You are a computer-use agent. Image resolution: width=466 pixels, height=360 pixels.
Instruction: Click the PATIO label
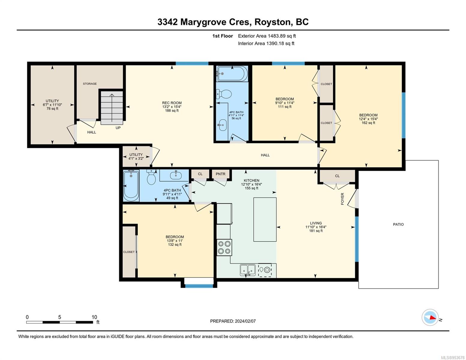(398, 224)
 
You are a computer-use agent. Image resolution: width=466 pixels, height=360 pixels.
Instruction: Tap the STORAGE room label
(90, 84)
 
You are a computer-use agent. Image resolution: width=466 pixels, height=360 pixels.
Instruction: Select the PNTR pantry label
(220, 174)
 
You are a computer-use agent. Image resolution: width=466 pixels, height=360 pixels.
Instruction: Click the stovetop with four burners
(224, 247)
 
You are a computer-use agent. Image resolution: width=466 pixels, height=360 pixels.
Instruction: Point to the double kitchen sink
(248, 270)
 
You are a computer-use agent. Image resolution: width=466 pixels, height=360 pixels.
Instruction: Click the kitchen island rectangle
(265, 219)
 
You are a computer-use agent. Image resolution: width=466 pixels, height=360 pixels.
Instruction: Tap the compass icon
(430, 317)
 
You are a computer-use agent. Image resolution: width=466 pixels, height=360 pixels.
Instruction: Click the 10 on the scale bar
(94, 317)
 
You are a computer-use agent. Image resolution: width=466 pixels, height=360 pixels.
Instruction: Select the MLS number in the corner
(452, 358)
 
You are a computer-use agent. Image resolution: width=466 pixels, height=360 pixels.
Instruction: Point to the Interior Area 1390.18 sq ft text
(266, 43)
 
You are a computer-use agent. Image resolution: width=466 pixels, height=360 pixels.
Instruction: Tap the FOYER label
(342, 199)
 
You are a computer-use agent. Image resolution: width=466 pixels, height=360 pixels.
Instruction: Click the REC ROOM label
(172, 103)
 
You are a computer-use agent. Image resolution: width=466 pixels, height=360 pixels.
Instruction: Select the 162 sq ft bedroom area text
(368, 123)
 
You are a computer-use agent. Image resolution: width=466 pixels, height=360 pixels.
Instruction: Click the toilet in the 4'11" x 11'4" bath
(224, 94)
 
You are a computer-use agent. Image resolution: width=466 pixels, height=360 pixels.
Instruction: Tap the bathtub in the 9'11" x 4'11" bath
(131, 185)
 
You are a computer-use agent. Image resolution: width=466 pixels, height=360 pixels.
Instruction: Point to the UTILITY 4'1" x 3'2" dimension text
(136, 158)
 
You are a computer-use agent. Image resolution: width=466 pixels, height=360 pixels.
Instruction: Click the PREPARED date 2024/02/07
(245, 321)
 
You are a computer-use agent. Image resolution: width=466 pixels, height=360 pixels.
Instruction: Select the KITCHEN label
(251, 181)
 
